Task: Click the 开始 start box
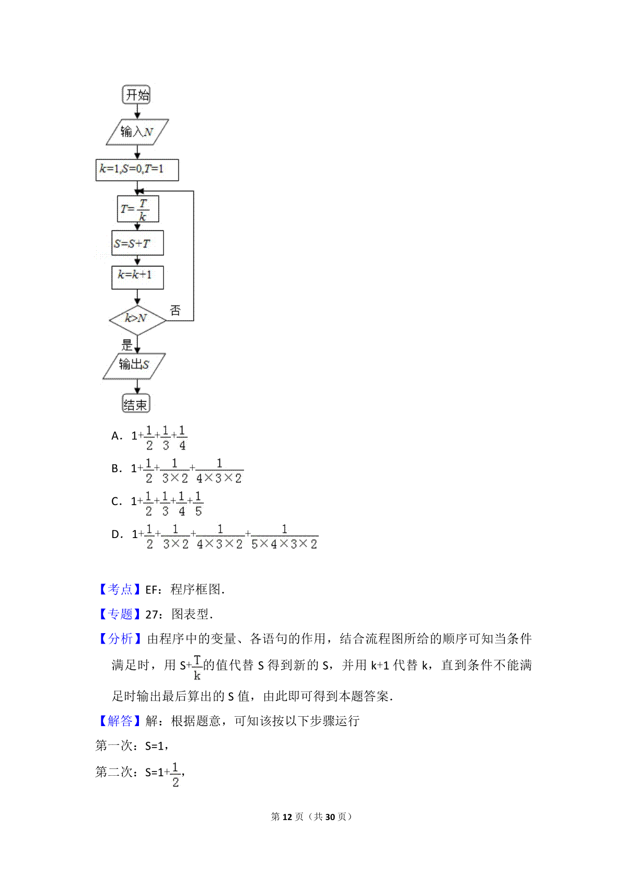coord(136,94)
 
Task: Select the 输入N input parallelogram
coord(137,132)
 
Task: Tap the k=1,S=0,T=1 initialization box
coord(137,170)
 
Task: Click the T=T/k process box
coord(138,208)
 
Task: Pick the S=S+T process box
coord(137,243)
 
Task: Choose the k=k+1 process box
coord(137,277)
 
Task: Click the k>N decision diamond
coord(137,320)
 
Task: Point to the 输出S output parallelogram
coord(134,366)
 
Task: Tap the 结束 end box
coord(136,403)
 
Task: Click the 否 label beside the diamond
coord(175,310)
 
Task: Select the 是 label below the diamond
coord(127,344)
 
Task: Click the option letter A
coord(116,436)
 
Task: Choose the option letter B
coord(116,469)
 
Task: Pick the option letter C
coord(116,501)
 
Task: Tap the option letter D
coord(117,534)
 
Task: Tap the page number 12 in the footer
coord(287,816)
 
